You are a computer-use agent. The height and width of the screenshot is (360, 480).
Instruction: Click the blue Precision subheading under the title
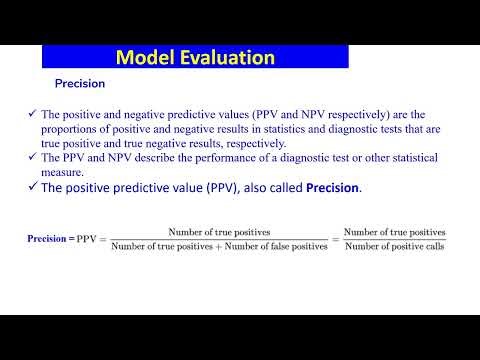pos(79,85)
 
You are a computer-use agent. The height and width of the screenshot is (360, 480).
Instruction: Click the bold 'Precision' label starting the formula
pos(46,239)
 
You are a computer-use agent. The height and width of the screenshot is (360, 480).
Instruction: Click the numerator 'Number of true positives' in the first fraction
pos(219,232)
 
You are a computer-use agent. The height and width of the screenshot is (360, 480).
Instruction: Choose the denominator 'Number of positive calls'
pos(395,247)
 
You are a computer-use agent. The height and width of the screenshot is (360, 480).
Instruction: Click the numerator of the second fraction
pos(395,232)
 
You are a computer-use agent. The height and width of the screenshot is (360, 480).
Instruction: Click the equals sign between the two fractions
pos(336,240)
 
